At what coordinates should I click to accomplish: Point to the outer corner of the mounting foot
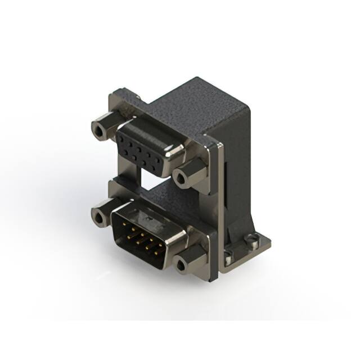click(x=268, y=242)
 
